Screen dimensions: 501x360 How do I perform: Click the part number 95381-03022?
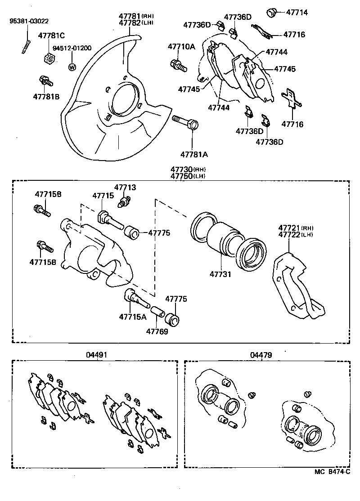[30, 21]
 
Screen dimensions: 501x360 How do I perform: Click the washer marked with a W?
[71, 67]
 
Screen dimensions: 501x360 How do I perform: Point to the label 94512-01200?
[72, 48]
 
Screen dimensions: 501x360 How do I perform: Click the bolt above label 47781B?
[45, 81]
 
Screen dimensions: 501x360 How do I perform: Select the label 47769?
[157, 331]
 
